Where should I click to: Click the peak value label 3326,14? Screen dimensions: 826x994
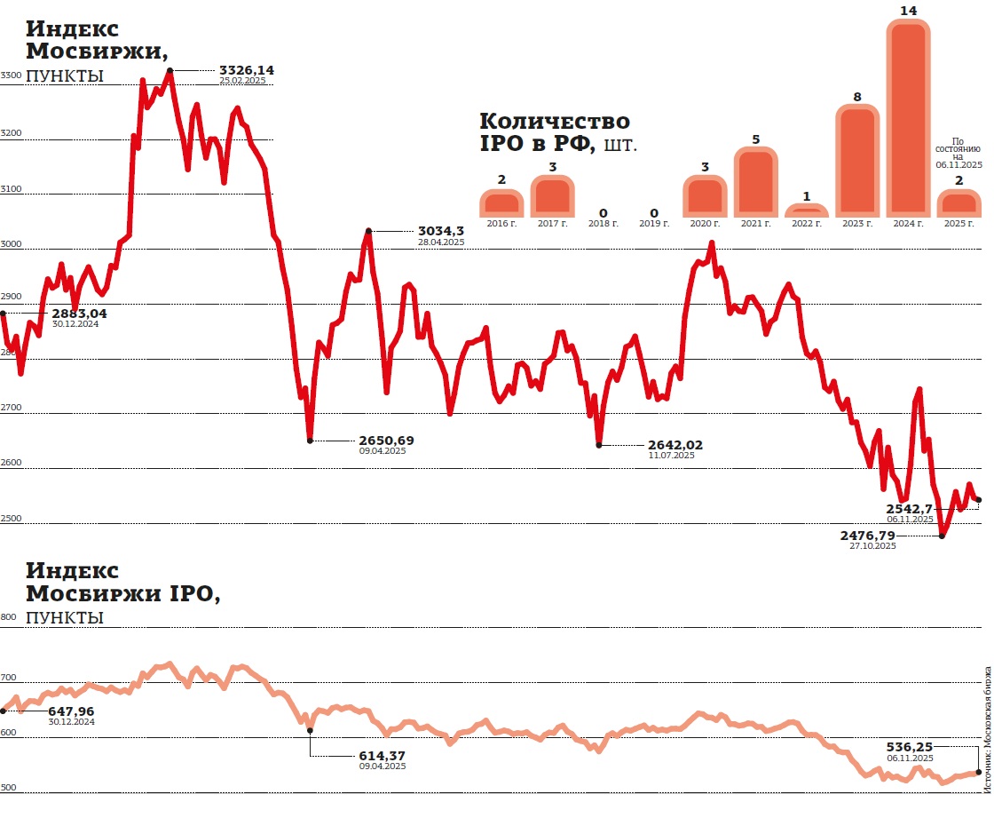click(247, 69)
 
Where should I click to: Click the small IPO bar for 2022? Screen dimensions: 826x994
click(807, 211)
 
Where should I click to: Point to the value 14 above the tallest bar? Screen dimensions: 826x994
click(908, 11)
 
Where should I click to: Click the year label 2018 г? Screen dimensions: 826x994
click(603, 224)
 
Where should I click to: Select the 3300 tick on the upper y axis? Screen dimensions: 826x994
click(11, 76)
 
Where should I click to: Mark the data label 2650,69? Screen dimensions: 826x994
click(386, 440)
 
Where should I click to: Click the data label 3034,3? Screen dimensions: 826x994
click(441, 231)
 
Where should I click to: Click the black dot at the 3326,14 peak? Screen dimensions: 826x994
click(170, 70)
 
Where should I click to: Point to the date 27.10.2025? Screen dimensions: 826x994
click(872, 546)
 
